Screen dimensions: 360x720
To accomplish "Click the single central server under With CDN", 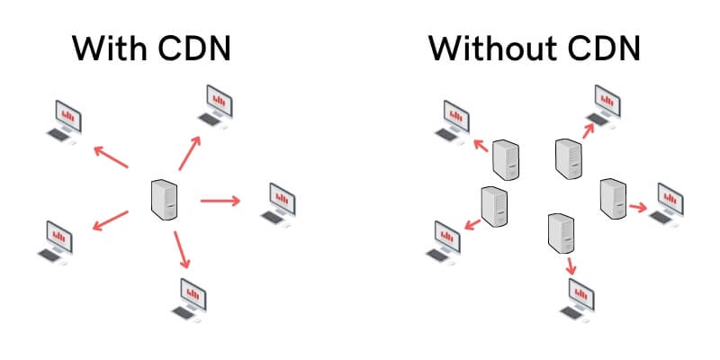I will point(164,199).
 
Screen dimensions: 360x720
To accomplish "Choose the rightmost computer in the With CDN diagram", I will point(280,202).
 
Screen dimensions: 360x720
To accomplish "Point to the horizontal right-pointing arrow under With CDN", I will point(220,200).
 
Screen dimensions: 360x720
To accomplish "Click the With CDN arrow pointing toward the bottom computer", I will point(182,249).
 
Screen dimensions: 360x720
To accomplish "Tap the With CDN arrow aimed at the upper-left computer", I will point(112,157).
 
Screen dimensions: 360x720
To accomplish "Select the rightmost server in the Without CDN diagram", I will point(613,198).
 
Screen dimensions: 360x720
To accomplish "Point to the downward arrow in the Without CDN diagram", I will point(571,265).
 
